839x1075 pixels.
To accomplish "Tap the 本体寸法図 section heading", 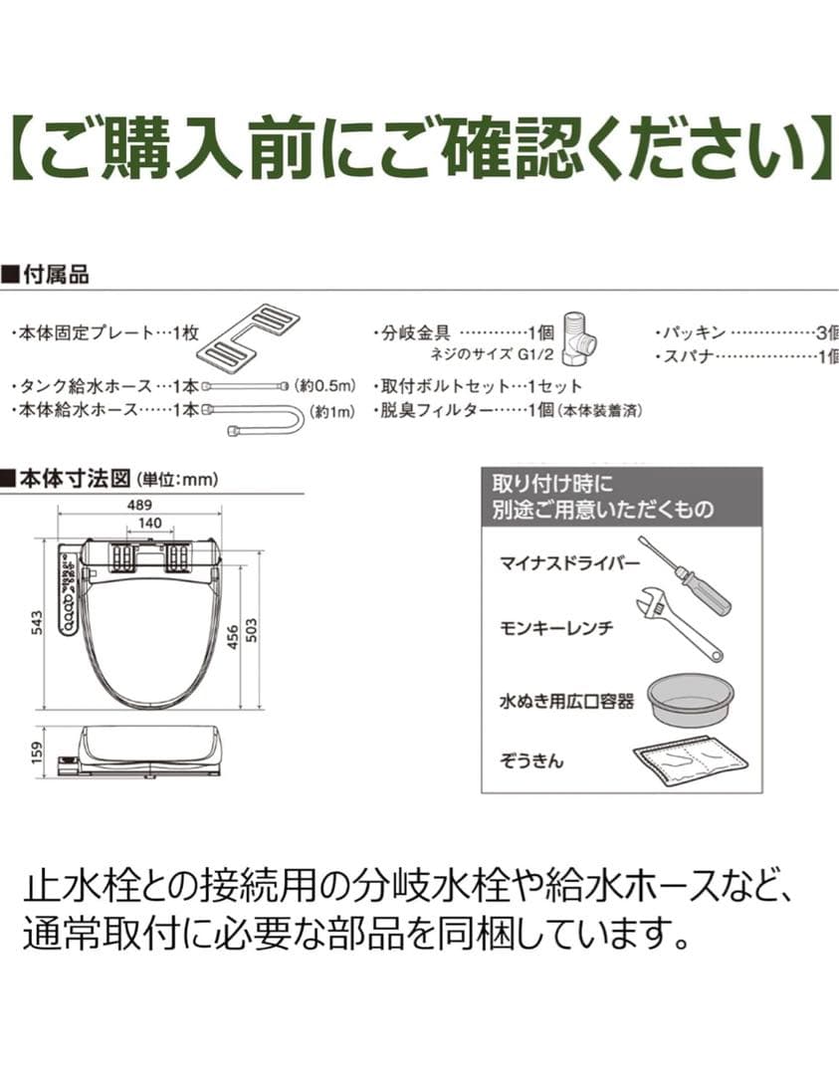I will point(76,479).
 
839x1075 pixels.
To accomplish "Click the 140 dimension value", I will point(150,523).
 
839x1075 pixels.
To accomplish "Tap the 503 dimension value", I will point(252,629).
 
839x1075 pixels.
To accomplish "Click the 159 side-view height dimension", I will point(38,751).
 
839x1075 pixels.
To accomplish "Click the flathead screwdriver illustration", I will point(684,574).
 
